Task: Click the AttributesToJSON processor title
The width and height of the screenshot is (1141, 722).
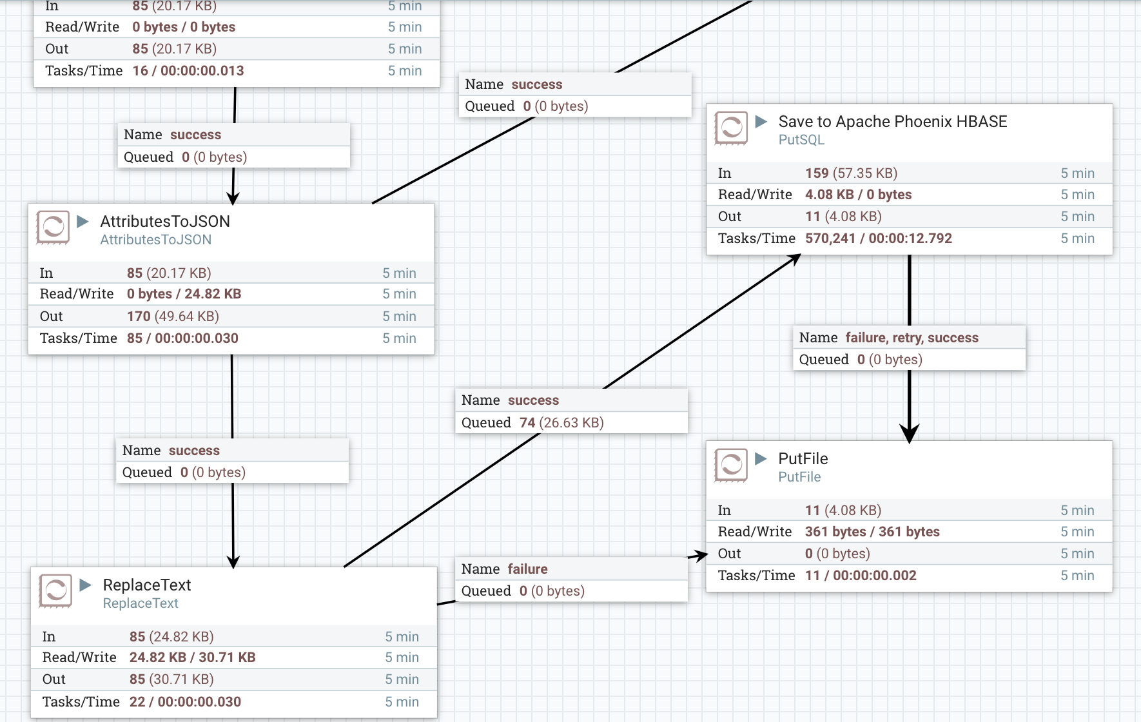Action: [x=165, y=221]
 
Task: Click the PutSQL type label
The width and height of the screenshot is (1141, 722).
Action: [x=801, y=140]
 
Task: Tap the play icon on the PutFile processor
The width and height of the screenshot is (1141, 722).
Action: [x=761, y=458]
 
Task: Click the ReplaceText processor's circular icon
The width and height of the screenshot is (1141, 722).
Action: [x=55, y=590]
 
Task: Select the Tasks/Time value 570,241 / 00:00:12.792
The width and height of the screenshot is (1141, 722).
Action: [x=878, y=239]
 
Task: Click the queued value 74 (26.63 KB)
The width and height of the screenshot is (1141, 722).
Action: [x=561, y=423]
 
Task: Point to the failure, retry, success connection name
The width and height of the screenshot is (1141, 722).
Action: [x=912, y=338]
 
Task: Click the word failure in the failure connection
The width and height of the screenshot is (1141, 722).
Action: [x=527, y=569]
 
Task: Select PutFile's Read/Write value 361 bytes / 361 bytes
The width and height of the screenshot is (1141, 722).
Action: [x=872, y=532]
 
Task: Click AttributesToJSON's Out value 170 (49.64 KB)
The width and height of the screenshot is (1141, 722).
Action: [x=173, y=317]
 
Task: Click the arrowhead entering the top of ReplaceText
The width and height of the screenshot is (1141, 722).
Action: [x=233, y=561]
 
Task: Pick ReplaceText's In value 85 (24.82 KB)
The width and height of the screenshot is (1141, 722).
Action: [x=171, y=637]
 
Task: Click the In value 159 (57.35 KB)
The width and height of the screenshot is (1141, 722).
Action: [x=851, y=173]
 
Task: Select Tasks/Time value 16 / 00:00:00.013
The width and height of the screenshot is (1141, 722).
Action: [x=188, y=71]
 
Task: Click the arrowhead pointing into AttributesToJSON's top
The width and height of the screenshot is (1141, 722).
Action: [x=233, y=198]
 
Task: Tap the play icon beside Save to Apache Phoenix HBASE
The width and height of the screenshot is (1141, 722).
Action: [x=761, y=121]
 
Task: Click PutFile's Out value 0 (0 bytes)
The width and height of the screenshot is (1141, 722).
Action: [x=837, y=554]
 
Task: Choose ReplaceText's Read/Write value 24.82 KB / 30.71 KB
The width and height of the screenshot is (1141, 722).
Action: [x=192, y=658]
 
